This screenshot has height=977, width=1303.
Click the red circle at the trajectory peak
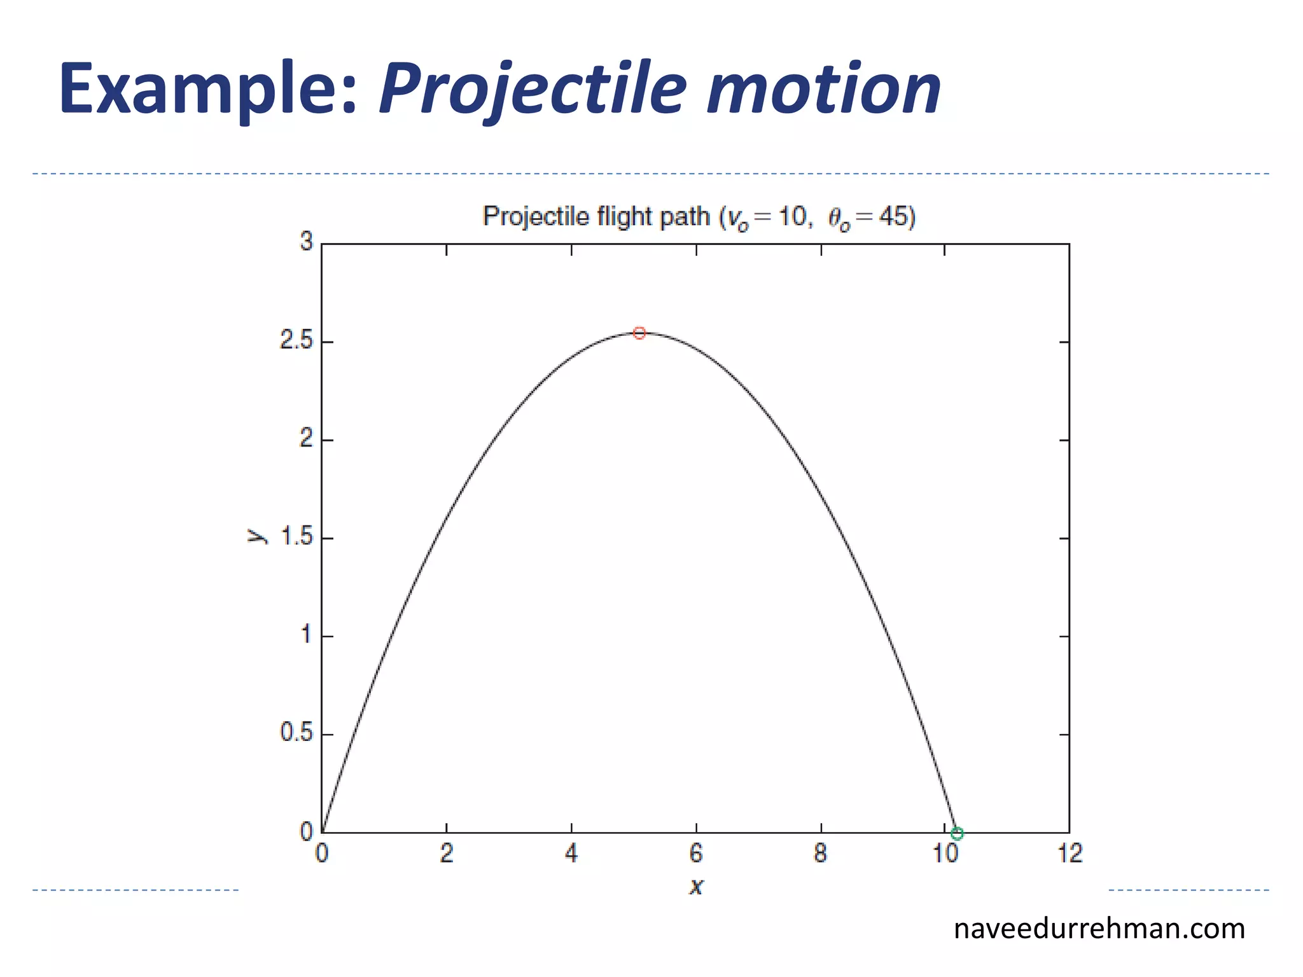click(639, 333)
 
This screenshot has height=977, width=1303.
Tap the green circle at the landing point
click(957, 833)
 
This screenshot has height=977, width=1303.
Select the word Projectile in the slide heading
click(533, 89)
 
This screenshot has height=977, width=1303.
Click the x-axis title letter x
click(696, 886)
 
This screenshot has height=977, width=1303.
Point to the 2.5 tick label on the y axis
click(296, 341)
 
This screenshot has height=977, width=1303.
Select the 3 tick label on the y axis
click(307, 242)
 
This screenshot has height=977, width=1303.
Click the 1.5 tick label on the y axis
click(296, 537)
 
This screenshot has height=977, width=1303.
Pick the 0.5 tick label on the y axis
click(296, 733)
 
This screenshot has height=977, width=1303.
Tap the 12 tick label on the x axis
click(1070, 854)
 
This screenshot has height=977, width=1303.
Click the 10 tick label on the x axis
click(945, 854)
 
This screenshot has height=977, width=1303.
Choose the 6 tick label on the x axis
click(696, 854)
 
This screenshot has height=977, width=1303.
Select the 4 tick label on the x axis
click(571, 854)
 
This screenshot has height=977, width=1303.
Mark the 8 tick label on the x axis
click(821, 854)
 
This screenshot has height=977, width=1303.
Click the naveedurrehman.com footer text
click(1099, 929)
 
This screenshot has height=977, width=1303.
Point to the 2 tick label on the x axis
click(447, 854)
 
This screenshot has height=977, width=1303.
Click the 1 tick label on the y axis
click(306, 635)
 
